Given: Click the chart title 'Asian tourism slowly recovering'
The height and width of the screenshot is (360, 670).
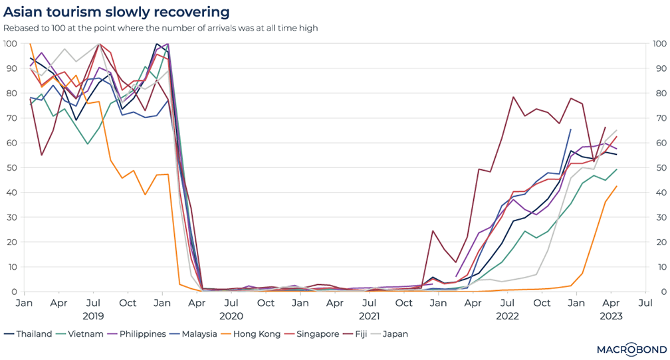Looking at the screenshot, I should click(x=117, y=12).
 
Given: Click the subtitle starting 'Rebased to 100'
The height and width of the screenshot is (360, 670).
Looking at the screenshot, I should click(x=161, y=28).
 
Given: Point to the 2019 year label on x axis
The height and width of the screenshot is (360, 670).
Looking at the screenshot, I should click(x=92, y=316).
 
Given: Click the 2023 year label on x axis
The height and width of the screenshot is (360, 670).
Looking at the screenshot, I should click(x=610, y=316).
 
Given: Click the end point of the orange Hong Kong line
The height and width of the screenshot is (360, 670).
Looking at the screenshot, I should click(x=617, y=186).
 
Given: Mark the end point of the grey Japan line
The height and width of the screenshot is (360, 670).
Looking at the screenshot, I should click(x=617, y=130).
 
